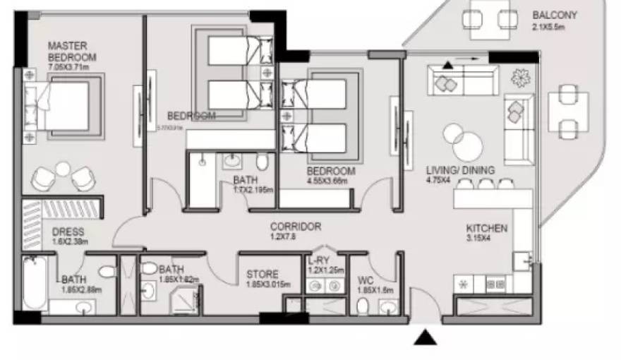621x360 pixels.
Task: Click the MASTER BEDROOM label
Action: coord(72,51)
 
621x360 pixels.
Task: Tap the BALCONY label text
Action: coord(556,15)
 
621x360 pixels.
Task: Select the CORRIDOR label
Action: coord(296,227)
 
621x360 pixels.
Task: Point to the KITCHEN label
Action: coord(486,228)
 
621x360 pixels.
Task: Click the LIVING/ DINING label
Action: coord(460,170)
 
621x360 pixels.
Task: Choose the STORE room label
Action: coord(262,274)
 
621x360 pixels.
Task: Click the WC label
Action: coord(365,280)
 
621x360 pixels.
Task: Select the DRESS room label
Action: coord(68,232)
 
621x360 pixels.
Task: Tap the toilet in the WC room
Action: coord(363,306)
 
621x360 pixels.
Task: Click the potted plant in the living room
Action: coord(521,76)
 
